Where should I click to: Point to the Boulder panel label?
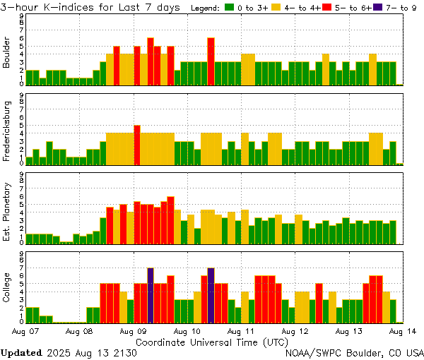[7, 53]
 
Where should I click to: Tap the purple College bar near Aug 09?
[151, 295]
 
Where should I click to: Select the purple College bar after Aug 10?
[211, 295]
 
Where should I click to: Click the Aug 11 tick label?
[242, 330]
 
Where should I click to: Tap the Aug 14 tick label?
[404, 330]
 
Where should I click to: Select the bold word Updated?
[21, 352]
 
